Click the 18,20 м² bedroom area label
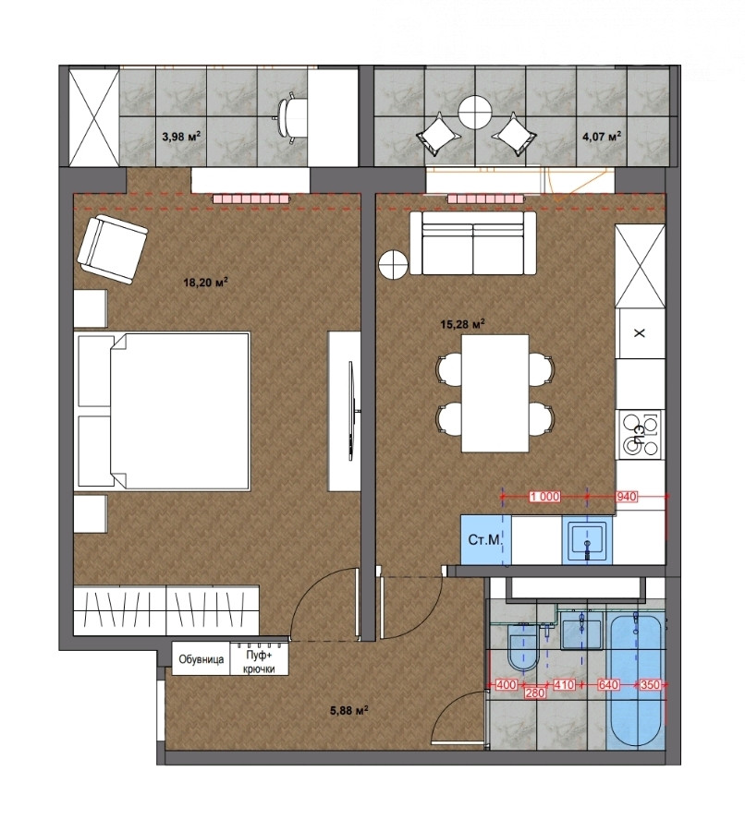point(206,282)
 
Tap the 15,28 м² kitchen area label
point(463,323)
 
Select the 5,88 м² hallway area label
point(349,711)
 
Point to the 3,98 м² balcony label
point(181,137)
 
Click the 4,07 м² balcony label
point(602,137)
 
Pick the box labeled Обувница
point(202,658)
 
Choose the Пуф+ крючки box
point(260,658)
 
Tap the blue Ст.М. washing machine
point(485,539)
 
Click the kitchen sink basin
point(587,539)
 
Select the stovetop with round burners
point(641,435)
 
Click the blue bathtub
point(634,682)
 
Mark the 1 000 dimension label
point(544,497)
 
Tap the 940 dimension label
point(626,497)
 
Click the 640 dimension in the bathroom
point(608,685)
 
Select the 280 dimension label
point(535,693)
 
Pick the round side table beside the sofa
point(393,264)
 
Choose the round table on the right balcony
point(473,112)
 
